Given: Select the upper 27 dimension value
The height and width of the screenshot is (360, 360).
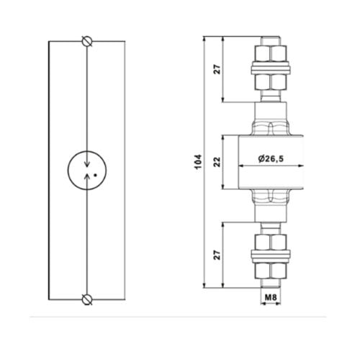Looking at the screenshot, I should coord(216,69).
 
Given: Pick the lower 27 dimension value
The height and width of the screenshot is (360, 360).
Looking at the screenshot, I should coord(216,255).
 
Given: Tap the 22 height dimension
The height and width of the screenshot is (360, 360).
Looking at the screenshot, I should coord(216,162).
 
